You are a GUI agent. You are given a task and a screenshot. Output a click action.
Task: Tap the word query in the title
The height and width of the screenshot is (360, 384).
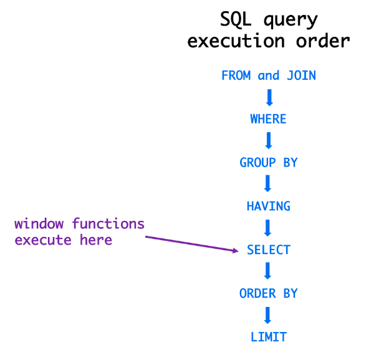coord(292,21)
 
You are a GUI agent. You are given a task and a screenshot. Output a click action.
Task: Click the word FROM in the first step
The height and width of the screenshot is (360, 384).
coord(236,75)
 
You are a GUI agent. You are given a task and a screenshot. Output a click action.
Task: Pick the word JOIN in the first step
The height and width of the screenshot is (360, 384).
coord(301,75)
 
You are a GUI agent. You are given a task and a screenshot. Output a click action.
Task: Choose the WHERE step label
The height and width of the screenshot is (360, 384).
coord(269,119)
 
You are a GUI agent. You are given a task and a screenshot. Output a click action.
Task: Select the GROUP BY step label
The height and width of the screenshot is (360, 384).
coord(269,162)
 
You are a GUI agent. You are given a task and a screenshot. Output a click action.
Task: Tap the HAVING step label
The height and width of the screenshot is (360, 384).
coord(269,206)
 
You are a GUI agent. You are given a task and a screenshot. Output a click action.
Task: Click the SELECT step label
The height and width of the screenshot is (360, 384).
coord(269,250)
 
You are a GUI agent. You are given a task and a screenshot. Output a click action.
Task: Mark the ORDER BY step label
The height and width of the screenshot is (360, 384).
coord(269,293)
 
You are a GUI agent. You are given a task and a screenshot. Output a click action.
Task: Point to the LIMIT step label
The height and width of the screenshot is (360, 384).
coord(269,337)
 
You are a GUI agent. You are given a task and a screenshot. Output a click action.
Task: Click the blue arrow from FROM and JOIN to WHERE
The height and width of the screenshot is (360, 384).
coord(269,97)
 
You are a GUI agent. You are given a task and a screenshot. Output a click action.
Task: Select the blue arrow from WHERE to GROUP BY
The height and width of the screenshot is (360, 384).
coord(269,140)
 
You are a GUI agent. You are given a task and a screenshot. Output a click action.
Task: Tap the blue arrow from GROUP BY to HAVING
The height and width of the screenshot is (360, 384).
coord(269,184)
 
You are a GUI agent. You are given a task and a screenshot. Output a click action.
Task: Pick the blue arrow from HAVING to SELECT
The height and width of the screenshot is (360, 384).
coord(269,228)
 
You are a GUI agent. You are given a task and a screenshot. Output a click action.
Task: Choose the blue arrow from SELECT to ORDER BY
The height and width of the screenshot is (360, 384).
coord(269,271)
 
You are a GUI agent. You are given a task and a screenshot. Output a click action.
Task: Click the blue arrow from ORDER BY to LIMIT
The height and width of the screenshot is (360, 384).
coord(269,315)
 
